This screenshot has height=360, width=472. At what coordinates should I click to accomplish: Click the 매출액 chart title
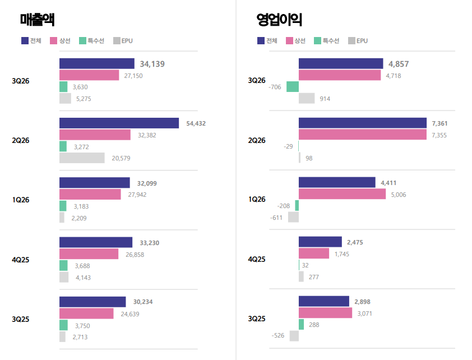[38, 20]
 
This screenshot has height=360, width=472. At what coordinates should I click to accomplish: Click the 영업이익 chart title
[279, 20]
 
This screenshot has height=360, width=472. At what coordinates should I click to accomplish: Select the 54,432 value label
[196, 123]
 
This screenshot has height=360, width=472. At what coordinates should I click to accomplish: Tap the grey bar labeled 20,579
[82, 158]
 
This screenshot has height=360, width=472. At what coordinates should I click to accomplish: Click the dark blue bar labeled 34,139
[97, 63]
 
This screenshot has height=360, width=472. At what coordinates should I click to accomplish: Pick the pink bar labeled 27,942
[90, 195]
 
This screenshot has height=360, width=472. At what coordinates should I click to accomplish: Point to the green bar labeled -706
[293, 87]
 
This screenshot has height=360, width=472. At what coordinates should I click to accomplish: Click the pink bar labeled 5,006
[343, 194]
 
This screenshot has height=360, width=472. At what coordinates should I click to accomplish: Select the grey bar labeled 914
[307, 98]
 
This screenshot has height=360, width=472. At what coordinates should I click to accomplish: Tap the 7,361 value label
[439, 123]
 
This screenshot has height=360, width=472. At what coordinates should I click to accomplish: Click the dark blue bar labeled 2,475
[320, 242]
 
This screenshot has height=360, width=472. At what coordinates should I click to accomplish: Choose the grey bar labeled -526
[294, 336]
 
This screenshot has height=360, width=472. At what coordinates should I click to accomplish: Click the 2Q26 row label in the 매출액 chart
[21, 140]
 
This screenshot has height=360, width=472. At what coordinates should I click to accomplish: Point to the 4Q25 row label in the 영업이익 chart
[257, 259]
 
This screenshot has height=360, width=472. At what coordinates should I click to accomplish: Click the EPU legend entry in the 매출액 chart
[123, 40]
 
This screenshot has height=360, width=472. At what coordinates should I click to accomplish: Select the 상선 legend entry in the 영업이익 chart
[295, 40]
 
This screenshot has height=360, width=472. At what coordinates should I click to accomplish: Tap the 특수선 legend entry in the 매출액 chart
[91, 40]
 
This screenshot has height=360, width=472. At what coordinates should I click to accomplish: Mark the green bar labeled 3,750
[63, 325]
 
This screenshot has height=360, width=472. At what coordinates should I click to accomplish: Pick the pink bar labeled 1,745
[314, 253]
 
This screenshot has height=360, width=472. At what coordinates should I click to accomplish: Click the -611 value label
[276, 218]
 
